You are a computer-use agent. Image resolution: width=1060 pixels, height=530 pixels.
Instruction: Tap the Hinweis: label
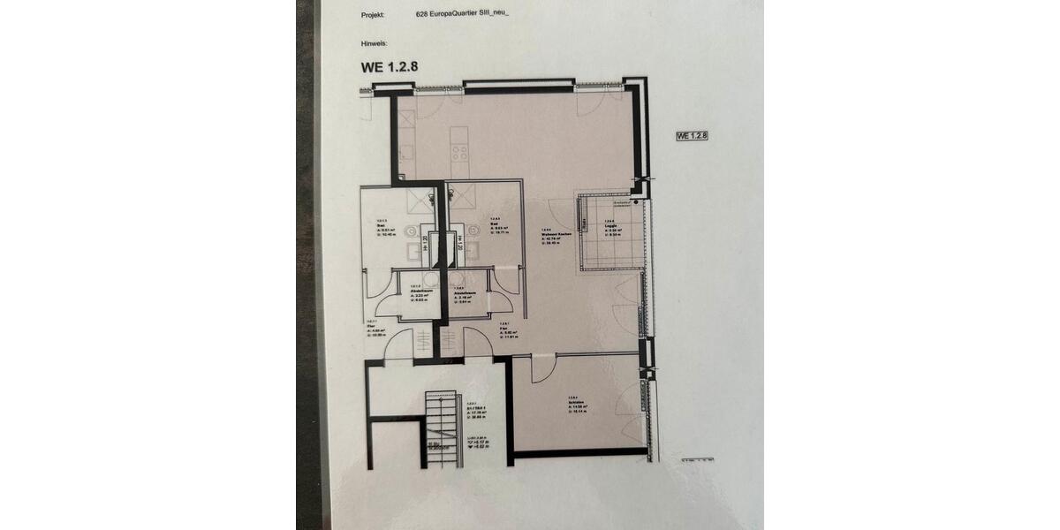pos(375,42)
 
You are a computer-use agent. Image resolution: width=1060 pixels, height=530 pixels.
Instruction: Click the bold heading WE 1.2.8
pos(387,66)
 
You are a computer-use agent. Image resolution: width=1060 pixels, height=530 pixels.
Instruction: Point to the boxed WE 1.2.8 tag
pos(693,136)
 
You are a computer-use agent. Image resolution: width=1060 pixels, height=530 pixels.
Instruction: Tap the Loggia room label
pos(609,224)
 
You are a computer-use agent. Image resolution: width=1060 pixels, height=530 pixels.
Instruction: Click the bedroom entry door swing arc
pos(541,366)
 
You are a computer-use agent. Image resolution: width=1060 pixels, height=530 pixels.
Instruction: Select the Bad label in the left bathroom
pos(380,225)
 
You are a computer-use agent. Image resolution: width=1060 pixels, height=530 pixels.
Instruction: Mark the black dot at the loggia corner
pos(635,202)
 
